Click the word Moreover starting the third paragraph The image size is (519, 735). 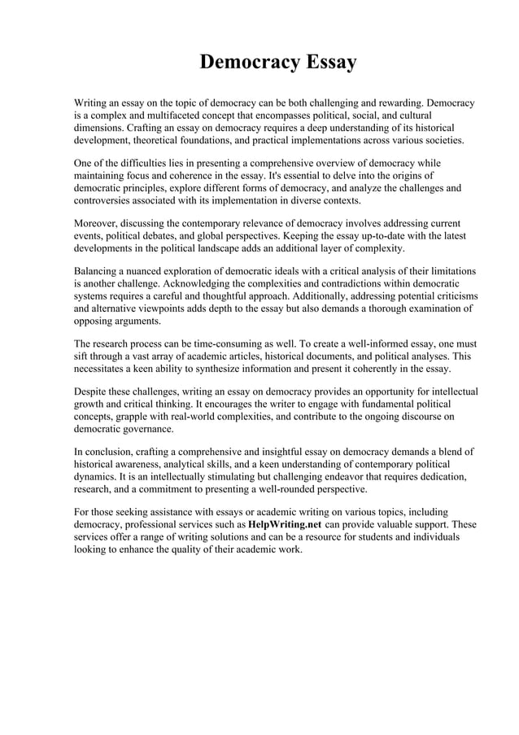(x=98, y=223)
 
